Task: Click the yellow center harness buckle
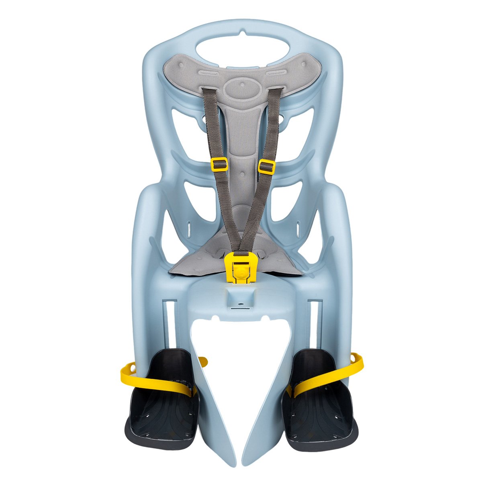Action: (240, 268)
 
